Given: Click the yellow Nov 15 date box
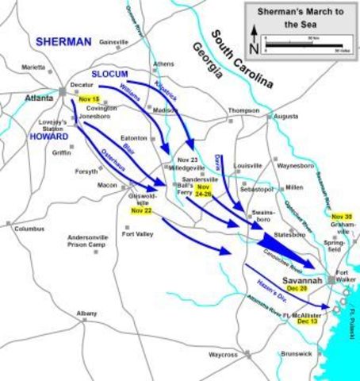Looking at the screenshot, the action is coord(90,98).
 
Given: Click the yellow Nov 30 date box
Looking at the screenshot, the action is coord(343,217).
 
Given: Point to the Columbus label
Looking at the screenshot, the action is coord(29,229).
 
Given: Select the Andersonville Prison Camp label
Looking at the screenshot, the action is coord(91,241).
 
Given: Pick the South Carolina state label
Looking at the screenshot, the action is coord(242,60).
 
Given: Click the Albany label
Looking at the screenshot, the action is coord(87,314).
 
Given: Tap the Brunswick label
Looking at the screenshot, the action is coord(295,353).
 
